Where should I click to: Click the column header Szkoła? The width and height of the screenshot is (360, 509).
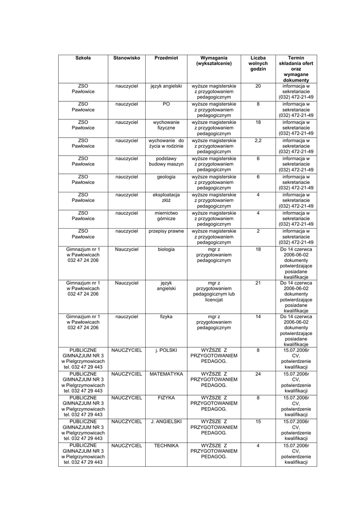pyautogui.click(x=83, y=58)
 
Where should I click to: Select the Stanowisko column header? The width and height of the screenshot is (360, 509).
pyautogui.click(x=126, y=58)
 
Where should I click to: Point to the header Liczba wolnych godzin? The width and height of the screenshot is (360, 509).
pyautogui.click(x=258, y=64)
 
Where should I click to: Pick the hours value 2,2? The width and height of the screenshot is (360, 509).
pyautogui.click(x=258, y=141)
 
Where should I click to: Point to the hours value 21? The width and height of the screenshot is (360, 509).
pyautogui.click(x=258, y=283)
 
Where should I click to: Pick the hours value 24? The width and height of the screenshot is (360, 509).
pyautogui.click(x=258, y=373)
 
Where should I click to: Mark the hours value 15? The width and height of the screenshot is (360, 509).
pyautogui.click(x=258, y=422)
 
